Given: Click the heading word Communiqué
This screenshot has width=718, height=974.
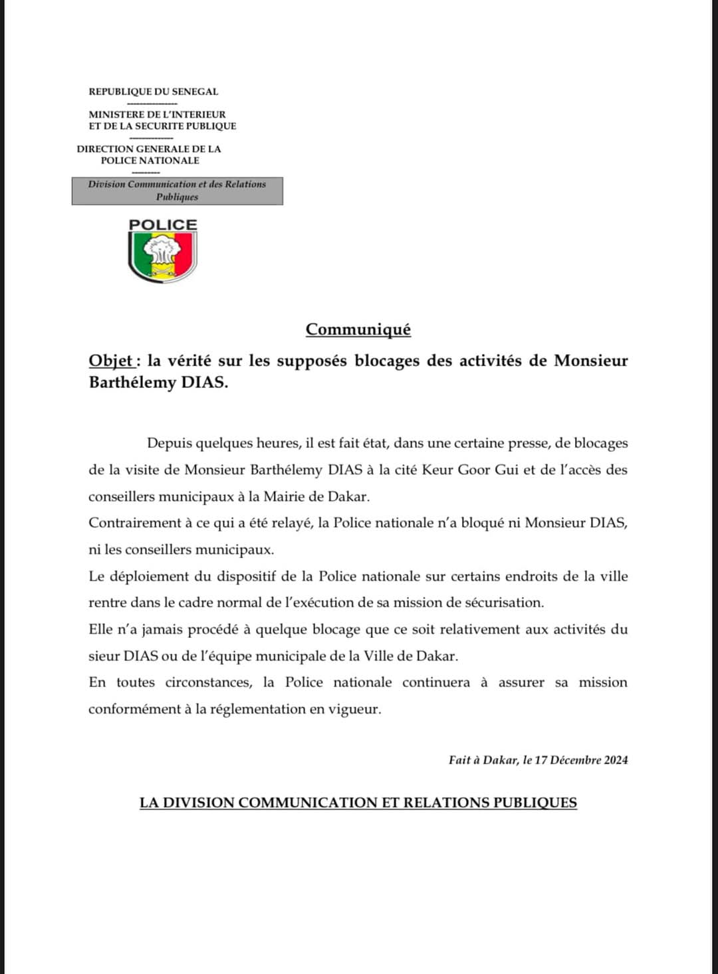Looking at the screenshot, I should click(358, 330).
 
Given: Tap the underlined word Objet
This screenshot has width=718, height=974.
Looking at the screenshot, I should click(110, 361).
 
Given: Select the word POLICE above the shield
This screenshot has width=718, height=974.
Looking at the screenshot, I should click(163, 225).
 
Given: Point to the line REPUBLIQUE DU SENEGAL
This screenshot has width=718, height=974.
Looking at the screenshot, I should click(154, 92).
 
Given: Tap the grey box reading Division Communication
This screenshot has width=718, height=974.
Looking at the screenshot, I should click(177, 191).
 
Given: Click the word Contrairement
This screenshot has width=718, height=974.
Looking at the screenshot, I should click(133, 523).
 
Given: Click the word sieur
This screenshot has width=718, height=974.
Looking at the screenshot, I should click(104, 656).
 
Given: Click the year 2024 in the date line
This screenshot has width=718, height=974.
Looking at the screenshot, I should click(616, 760).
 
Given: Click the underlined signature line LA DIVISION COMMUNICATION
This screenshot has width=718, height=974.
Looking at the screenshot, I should click(358, 803).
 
